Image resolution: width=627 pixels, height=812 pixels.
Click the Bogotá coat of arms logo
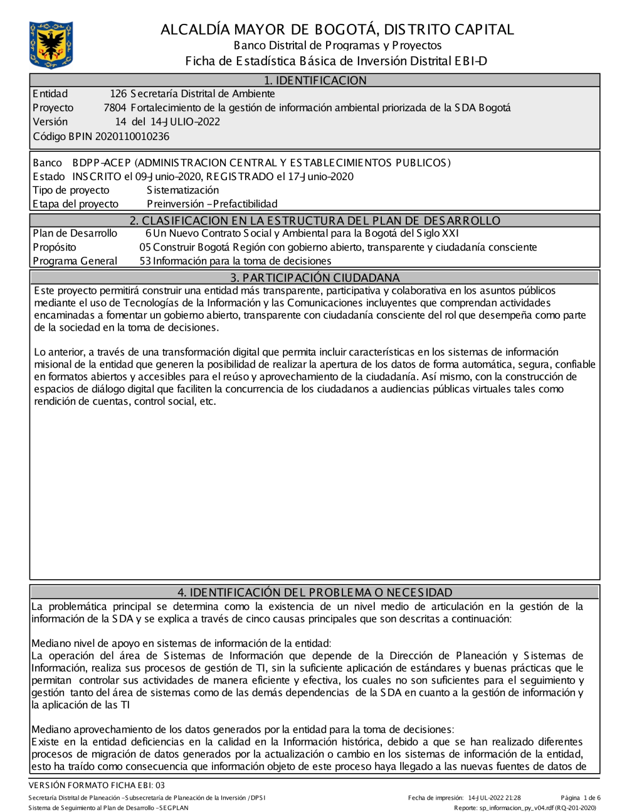(51, 45)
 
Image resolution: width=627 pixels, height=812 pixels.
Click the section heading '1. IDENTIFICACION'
(315, 80)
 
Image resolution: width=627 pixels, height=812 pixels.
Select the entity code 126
(118, 94)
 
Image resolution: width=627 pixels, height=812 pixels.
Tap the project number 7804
(115, 108)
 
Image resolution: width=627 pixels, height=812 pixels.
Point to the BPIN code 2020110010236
(132, 136)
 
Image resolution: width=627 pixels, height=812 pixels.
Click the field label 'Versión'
(50, 122)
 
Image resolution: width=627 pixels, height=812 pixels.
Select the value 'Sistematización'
(182, 190)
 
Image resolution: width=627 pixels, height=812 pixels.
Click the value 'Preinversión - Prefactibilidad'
(212, 204)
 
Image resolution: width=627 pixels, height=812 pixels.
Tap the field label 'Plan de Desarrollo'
(75, 233)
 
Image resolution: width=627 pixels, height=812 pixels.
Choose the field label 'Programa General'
(75, 261)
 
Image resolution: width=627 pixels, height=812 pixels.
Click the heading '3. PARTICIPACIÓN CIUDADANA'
(315, 277)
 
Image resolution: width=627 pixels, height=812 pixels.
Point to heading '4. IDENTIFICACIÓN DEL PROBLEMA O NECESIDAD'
(315, 592)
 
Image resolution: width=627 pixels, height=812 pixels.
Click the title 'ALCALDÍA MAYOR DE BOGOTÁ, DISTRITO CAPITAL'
(337, 29)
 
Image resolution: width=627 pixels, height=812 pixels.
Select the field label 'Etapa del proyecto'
(75, 204)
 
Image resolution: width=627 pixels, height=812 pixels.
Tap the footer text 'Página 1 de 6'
(581, 798)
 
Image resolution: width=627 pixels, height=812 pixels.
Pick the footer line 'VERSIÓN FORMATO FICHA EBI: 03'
(97, 785)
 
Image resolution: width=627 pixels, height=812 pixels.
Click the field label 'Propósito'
(55, 247)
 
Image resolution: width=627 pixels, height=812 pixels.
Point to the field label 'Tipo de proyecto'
(71, 190)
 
